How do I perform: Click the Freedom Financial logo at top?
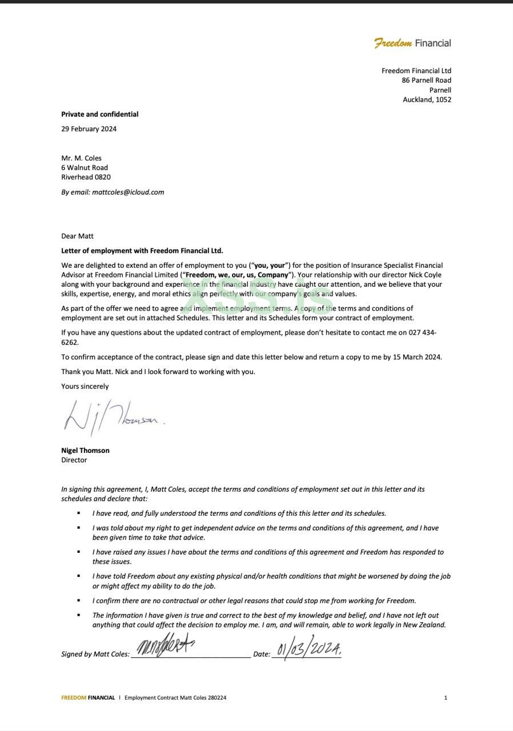(412, 43)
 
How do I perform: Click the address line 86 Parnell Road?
(426, 81)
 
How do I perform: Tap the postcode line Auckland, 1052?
(427, 99)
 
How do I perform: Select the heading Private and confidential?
(100, 114)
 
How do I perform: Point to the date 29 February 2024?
(89, 128)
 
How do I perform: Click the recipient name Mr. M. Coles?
(81, 158)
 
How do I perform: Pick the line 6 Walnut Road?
(85, 167)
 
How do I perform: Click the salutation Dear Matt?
(77, 236)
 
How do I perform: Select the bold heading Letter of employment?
(142, 251)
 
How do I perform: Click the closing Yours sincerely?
(85, 386)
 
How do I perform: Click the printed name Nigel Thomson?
(85, 450)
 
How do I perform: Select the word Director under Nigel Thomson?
(74, 460)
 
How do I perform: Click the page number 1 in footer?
(446, 697)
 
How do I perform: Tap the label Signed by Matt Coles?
(95, 654)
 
